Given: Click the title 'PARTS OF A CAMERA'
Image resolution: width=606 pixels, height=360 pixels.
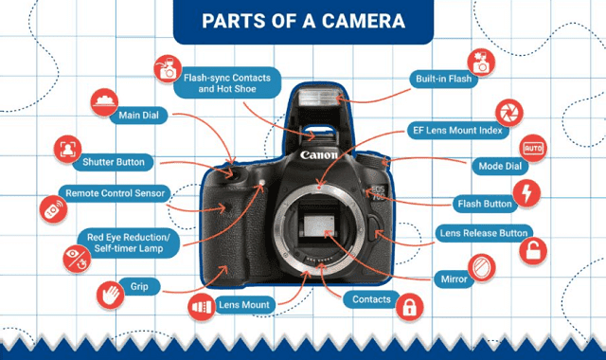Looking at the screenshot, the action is point(303,21).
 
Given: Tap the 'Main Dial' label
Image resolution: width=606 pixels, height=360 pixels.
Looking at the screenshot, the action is point(138,116).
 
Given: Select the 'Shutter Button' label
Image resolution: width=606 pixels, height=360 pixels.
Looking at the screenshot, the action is point(114,162).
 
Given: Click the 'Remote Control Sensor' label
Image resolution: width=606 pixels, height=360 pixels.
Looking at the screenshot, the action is point(115,193).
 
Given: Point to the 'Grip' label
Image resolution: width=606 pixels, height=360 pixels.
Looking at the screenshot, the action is point(139,286).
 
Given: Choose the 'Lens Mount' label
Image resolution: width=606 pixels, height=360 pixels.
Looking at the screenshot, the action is point(244,305).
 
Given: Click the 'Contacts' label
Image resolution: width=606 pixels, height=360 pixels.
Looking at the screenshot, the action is point(371,299).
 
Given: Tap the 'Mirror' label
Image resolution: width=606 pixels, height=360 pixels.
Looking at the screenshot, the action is point(454,279).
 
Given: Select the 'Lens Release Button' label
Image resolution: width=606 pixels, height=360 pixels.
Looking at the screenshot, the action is point(484,233).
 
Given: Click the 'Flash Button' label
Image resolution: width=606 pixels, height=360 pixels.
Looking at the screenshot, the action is point(485,204).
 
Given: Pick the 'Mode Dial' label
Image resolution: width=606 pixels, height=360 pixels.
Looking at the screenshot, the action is point(500,167).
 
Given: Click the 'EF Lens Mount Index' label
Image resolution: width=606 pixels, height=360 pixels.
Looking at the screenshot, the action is point(457,131).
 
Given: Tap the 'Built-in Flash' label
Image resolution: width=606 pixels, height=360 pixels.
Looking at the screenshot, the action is point(444,79).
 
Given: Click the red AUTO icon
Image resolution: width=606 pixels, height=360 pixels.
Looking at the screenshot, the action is point(533,149).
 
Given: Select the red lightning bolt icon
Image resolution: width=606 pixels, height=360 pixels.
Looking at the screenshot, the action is point(526,193).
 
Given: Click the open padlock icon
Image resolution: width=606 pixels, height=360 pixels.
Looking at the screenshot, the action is point(533,250).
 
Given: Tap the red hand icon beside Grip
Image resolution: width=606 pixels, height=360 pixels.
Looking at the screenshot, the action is point(111,295).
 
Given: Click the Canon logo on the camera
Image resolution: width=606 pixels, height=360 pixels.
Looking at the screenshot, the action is point(319,155).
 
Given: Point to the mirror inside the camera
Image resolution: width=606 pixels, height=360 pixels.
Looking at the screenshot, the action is point(319,225).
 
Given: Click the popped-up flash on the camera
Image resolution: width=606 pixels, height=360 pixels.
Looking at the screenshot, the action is point(319,97).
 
